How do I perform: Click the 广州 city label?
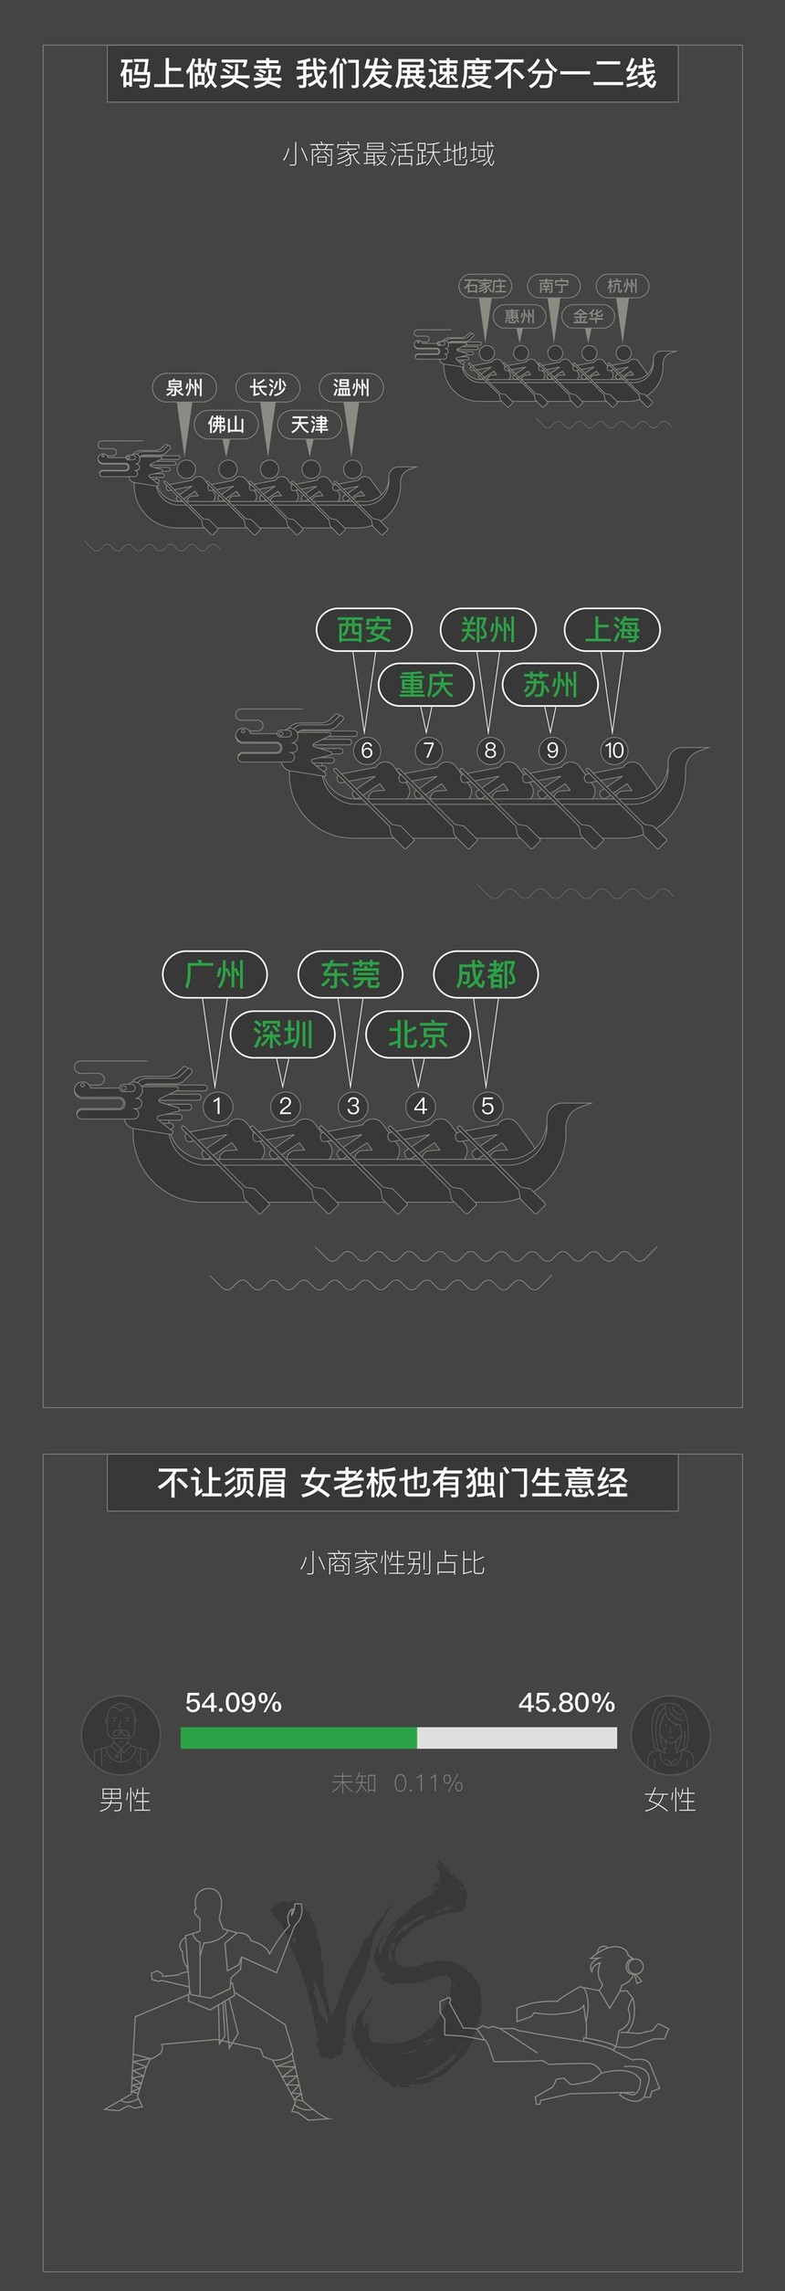tap(215, 974)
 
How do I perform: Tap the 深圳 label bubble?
tap(282, 1035)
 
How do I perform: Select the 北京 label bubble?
tap(418, 1035)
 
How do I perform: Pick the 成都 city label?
tap(486, 974)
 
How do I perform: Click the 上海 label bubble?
tap(612, 629)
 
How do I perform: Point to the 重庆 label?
tap(425, 684)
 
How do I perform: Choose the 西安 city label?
tap(364, 629)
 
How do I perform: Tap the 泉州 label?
tap(184, 388)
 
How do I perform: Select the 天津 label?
tap(309, 425)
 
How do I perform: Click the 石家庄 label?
tap(485, 286)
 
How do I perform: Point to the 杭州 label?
tap(622, 286)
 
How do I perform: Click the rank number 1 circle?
tap(216, 1106)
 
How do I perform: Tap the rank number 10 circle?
tap(613, 751)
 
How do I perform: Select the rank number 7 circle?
tap(428, 751)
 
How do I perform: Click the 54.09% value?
tap(233, 1702)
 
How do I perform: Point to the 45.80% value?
tap(567, 1702)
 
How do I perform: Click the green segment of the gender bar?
tap(298, 1738)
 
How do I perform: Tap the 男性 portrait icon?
tap(120, 1735)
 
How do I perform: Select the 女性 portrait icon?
tap(670, 1735)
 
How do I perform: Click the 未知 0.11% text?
tap(397, 1782)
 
